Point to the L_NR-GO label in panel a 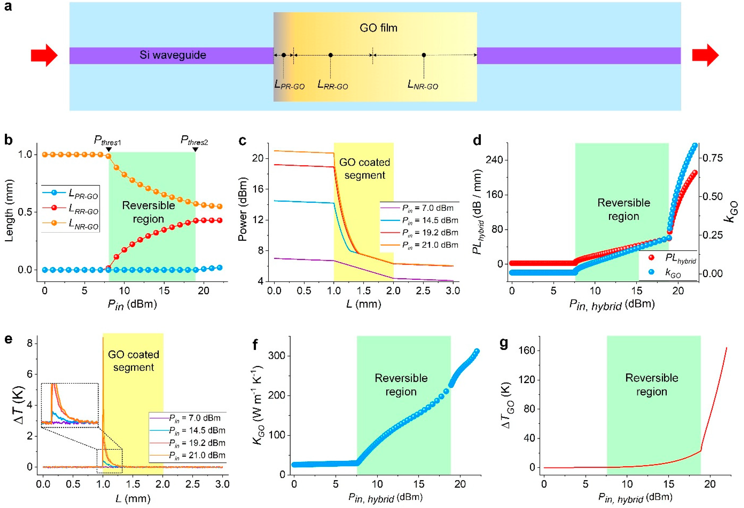pyautogui.click(x=423, y=85)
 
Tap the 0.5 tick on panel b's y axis pyautogui.click(x=25, y=212)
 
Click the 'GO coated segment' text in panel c pyautogui.click(x=364, y=169)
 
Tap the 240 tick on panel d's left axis pyautogui.click(x=495, y=160)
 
